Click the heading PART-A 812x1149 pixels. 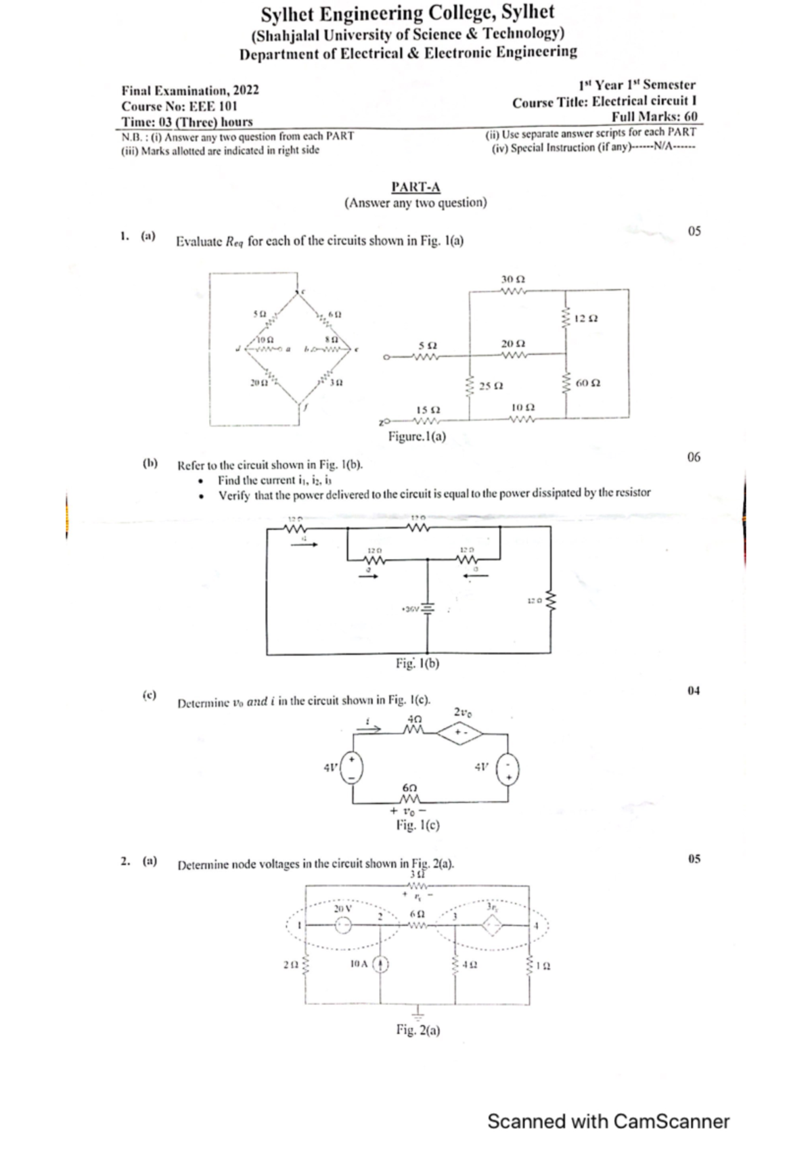coord(415,187)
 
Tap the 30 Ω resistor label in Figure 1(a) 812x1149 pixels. coord(513,279)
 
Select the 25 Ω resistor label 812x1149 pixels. coord(491,386)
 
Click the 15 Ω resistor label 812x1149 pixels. coord(428,410)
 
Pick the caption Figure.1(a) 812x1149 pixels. coord(417,436)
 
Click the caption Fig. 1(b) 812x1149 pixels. coord(418,664)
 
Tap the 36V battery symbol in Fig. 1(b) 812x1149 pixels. coord(427,608)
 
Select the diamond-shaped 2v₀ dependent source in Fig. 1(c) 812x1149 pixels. coord(459,732)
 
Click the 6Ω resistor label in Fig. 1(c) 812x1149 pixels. coord(409,788)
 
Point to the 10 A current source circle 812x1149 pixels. coord(381,964)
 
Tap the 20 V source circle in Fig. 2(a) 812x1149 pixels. coord(343,925)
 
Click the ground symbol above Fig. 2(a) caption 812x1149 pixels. coord(418,1013)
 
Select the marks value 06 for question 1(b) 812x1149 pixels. coord(694,457)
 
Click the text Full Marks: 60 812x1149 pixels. coord(654,116)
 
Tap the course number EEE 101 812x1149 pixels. coord(213,106)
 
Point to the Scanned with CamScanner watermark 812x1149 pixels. coord(608,1122)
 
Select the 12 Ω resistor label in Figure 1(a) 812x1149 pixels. coord(585,319)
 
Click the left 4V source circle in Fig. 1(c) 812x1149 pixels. coord(352,768)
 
